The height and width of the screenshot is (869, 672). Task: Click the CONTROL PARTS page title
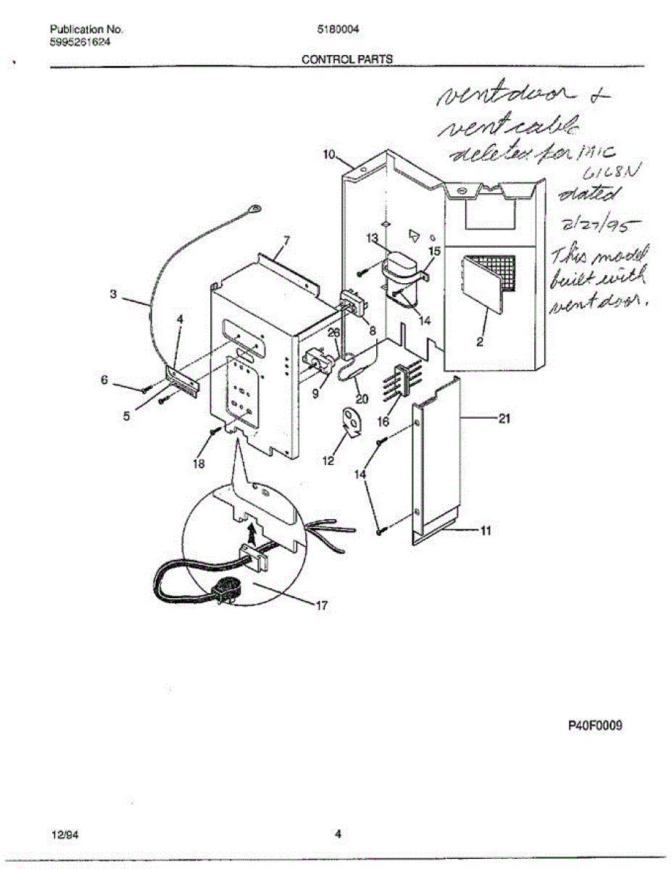(347, 59)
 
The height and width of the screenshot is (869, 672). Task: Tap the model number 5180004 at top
(338, 30)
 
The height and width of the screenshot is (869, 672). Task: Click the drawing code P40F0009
(594, 726)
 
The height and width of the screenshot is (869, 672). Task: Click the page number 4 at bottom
(338, 834)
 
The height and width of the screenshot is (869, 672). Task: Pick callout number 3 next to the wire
(113, 295)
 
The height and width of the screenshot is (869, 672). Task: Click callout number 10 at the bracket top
(329, 154)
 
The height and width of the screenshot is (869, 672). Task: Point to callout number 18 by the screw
(199, 463)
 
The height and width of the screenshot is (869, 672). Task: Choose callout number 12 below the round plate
(328, 460)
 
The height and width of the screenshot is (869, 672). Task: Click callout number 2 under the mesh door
(480, 343)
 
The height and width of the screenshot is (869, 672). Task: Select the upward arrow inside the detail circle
(251, 537)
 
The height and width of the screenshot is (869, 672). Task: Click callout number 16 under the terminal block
(383, 421)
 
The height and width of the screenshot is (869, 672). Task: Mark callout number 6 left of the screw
(104, 379)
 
